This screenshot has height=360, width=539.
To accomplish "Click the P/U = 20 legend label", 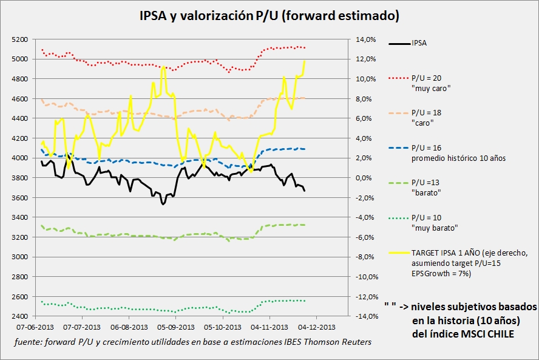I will click(427, 79).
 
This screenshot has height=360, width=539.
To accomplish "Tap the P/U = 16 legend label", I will click(427, 148).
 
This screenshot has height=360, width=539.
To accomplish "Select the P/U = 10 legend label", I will click(427, 218).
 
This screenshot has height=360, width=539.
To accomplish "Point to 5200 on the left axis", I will click(20, 39).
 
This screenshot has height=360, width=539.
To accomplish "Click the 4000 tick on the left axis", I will click(20, 158).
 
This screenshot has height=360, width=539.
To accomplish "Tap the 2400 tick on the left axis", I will click(20, 316).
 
